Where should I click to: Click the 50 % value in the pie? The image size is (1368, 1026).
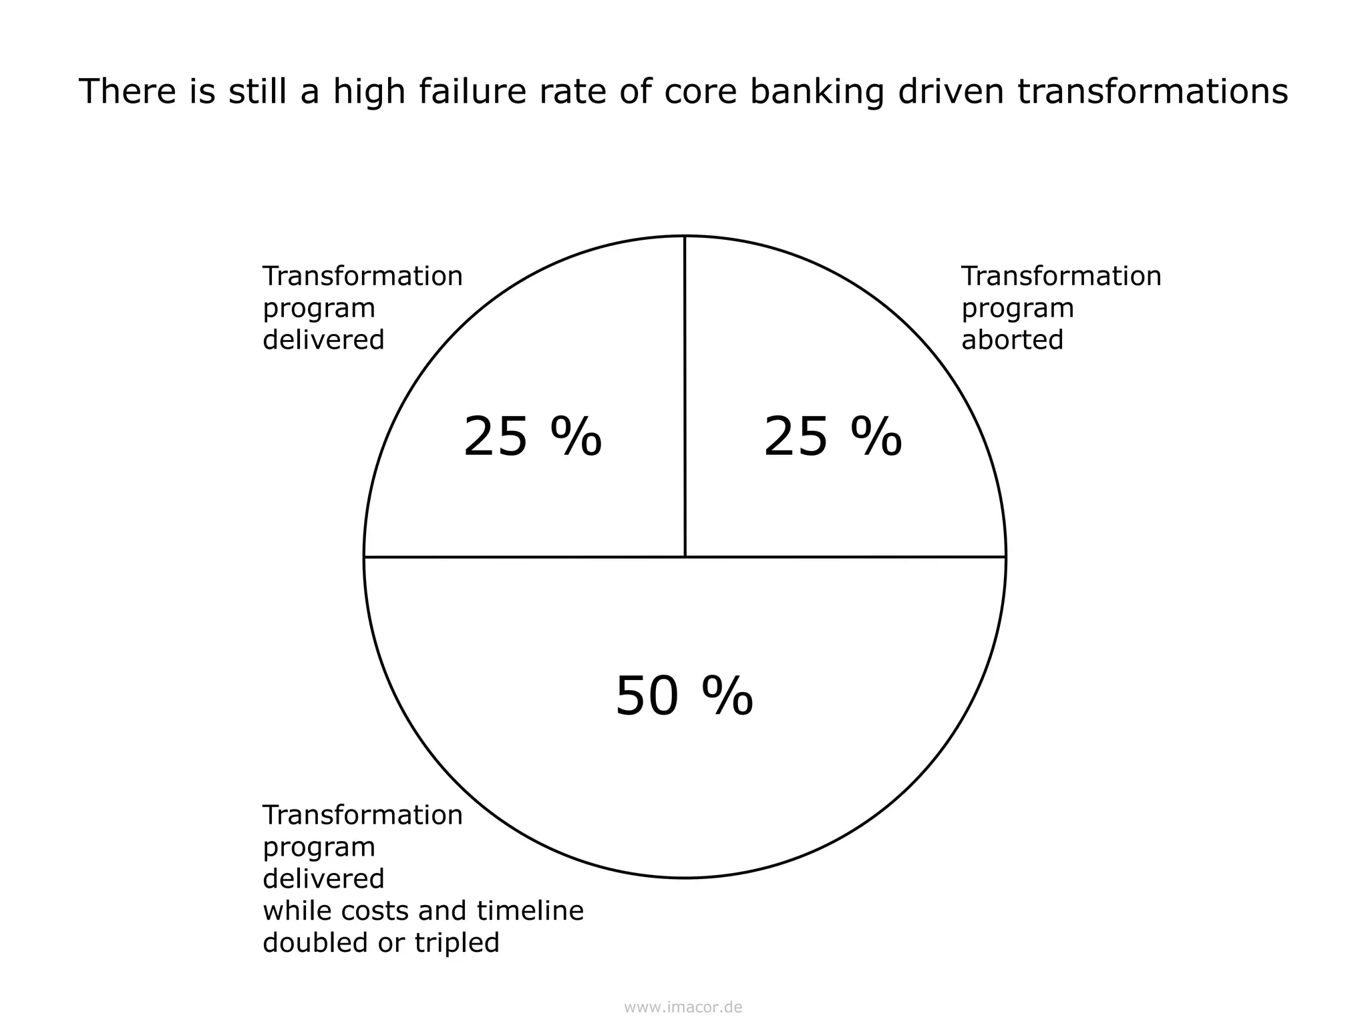684,696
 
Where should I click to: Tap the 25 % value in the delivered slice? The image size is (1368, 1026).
532,438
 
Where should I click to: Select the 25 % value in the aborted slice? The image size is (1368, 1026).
832,438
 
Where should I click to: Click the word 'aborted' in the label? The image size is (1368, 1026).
1012,340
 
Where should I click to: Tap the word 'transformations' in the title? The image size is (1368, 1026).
1153,92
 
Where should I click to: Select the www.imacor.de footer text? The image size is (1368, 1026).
683,1007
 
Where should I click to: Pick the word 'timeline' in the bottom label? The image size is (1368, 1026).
530,910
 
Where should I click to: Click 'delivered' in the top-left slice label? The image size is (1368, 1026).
323,340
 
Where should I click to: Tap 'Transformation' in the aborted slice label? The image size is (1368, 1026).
1061,276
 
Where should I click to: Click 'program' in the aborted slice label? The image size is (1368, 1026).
1017,309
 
